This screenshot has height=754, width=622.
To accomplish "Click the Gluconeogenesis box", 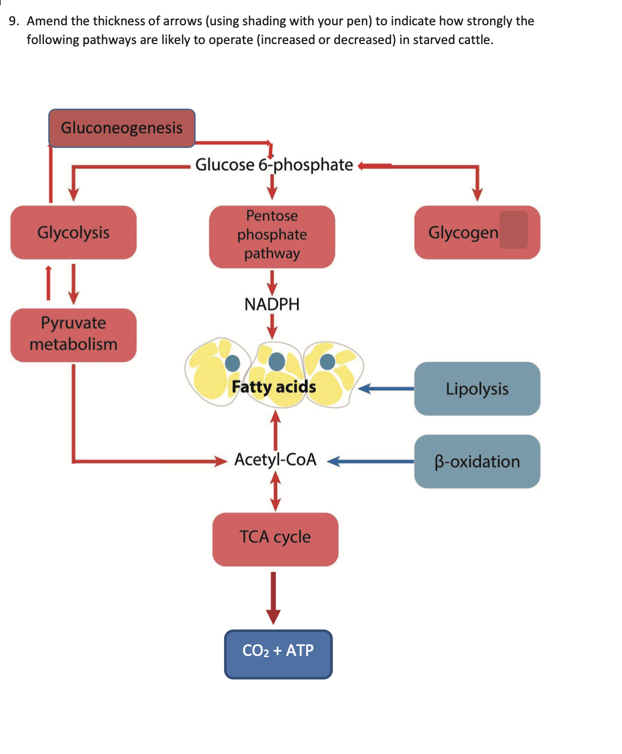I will (121, 128).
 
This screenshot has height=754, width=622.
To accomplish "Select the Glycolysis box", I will (73, 233).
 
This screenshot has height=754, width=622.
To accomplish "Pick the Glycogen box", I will (476, 233).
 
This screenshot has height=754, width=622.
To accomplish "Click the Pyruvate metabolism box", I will (73, 334).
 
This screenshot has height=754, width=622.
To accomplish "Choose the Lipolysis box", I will (476, 389).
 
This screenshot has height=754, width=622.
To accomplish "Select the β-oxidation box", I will (476, 462).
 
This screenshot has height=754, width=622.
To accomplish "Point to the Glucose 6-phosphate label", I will (274, 165).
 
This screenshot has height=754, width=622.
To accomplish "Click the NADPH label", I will (272, 304).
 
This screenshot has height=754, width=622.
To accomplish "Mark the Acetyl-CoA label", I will (275, 459).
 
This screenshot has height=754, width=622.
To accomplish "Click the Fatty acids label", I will (273, 387).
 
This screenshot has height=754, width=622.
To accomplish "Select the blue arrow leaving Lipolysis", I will (387, 389).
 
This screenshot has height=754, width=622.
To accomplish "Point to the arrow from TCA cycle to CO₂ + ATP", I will (273, 596).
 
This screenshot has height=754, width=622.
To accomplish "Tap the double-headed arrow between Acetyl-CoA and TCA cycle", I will (275, 492).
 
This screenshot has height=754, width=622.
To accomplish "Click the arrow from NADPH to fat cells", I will (272, 326).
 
